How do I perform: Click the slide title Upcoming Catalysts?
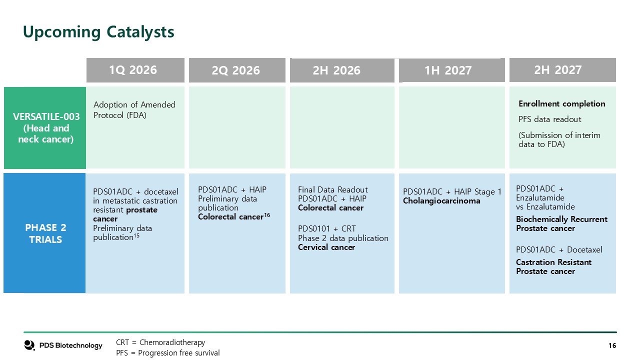tap(98, 32)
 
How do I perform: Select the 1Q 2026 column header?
tap(135, 70)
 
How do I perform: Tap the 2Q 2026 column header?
tap(237, 70)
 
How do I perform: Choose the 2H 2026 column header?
tap(342, 70)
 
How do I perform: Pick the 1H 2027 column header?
tap(451, 70)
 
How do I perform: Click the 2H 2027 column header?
tap(562, 70)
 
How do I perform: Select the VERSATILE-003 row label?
tap(45, 127)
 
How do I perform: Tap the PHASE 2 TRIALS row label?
tap(44, 233)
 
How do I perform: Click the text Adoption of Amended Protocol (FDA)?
tap(134, 110)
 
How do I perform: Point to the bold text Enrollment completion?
tap(561, 103)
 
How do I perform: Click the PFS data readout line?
tap(549, 119)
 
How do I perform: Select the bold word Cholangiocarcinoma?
tap(441, 201)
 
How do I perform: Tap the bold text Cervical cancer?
tap(326, 247)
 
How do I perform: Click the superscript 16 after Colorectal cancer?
tap(267, 215)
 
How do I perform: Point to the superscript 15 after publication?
tap(136, 235)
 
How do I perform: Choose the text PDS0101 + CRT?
tap(327, 229)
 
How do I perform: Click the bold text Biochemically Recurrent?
tap(561, 219)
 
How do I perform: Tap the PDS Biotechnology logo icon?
tap(29, 345)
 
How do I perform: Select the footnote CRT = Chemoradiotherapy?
tap(160, 342)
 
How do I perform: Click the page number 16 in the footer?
tap(612, 345)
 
